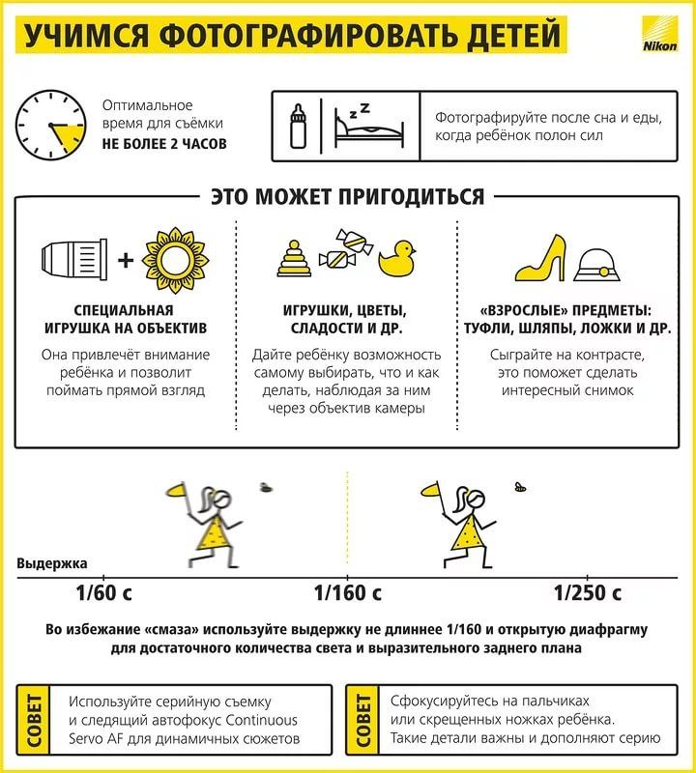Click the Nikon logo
(659, 34)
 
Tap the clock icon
(51, 125)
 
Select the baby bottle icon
(298, 126)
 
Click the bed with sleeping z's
(368, 126)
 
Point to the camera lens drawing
(74, 259)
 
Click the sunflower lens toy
(175, 260)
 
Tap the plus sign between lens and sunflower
(126, 260)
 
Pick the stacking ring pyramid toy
(294, 258)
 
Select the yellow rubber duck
(397, 258)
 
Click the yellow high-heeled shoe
(540, 258)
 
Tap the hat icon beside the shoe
(596, 265)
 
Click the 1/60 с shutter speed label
(103, 592)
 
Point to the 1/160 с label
(347, 592)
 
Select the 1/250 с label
(587, 592)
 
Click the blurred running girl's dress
(214, 535)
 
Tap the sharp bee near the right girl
(520, 487)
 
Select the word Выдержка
(52, 563)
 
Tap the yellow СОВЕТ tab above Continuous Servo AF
(33, 720)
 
